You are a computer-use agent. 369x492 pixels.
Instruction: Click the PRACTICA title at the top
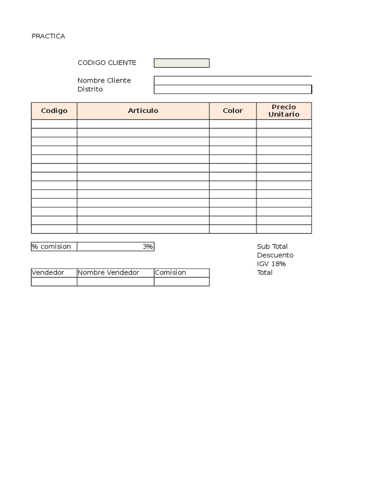pyautogui.click(x=48, y=36)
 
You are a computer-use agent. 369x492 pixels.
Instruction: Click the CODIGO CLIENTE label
pyautogui.click(x=107, y=63)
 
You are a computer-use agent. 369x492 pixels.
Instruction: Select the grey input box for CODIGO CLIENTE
pyautogui.click(x=182, y=63)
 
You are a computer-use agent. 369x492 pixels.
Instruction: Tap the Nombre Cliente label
pyautogui.click(x=104, y=80)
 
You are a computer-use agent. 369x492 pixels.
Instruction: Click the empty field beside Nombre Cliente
pyautogui.click(x=233, y=80)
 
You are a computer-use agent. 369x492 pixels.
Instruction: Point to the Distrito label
pyautogui.click(x=90, y=89)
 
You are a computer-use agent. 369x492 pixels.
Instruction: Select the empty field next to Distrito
pyautogui.click(x=233, y=89)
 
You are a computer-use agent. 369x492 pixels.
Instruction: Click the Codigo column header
pyautogui.click(x=54, y=111)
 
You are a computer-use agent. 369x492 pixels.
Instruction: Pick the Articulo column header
pyautogui.click(x=143, y=111)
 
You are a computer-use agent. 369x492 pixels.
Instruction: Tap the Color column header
pyautogui.click(x=233, y=111)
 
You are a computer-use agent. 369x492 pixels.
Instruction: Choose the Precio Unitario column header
pyautogui.click(x=283, y=111)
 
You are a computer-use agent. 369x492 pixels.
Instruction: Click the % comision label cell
pyautogui.click(x=51, y=246)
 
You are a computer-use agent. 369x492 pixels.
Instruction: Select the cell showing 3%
pyautogui.click(x=115, y=246)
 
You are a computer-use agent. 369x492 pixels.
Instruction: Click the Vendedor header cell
pyautogui.click(x=48, y=272)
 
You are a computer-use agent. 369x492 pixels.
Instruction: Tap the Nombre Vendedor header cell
pyautogui.click(x=108, y=272)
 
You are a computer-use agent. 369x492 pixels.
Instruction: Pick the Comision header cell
pyautogui.click(x=171, y=272)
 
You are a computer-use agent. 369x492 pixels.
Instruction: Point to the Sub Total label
pyautogui.click(x=272, y=246)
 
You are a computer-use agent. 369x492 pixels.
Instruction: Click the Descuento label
pyautogui.click(x=275, y=255)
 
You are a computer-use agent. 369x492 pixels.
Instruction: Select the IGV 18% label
pyautogui.click(x=271, y=264)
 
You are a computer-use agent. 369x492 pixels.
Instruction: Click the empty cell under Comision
pyautogui.click(x=182, y=282)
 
